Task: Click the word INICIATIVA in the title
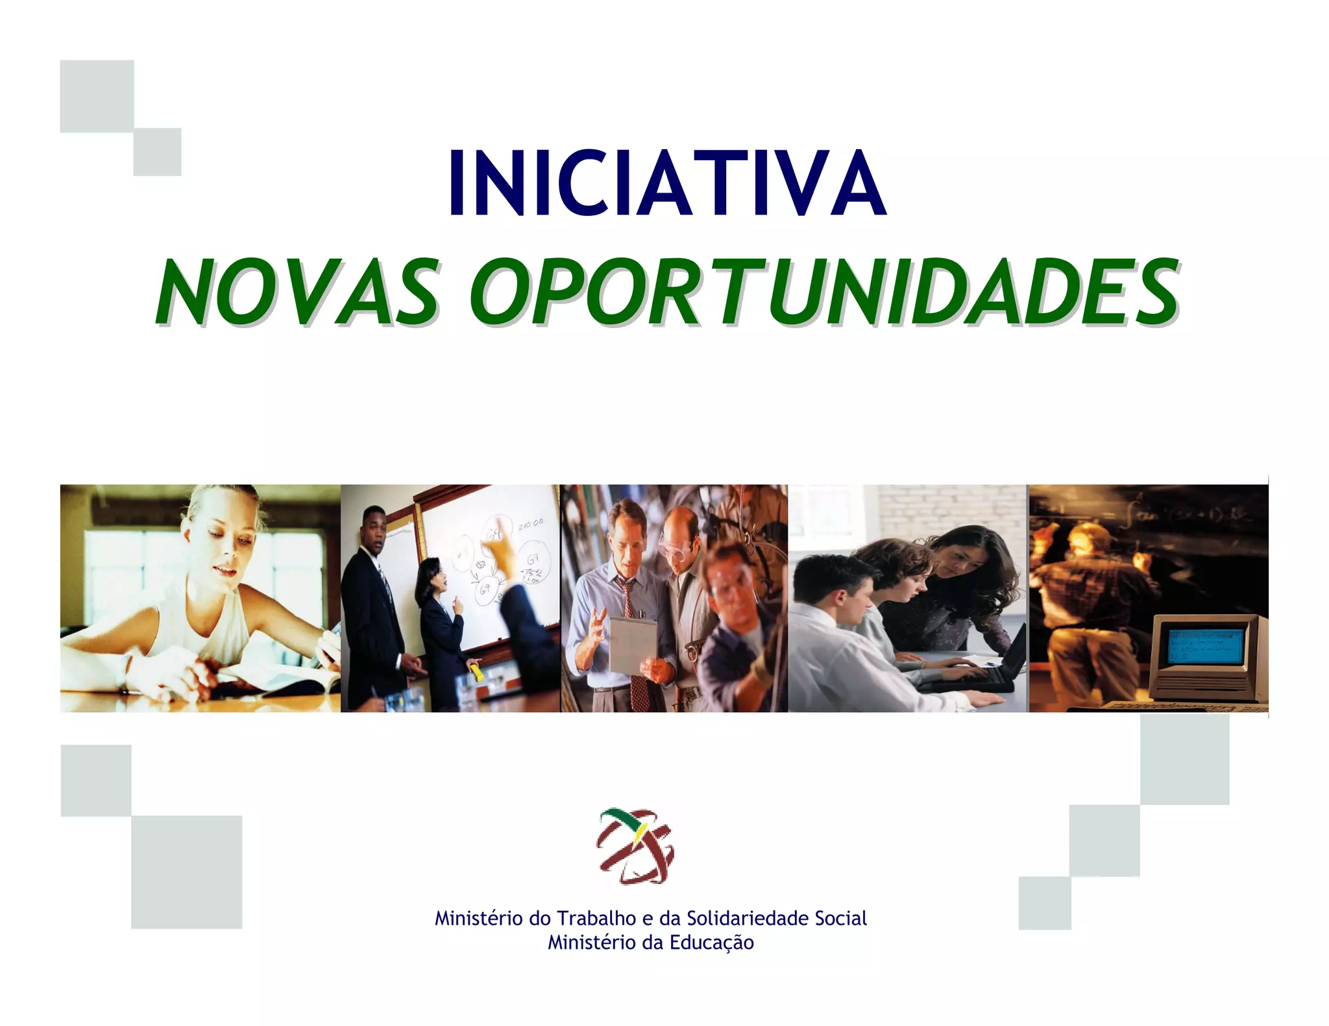666,183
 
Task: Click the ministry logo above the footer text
635,846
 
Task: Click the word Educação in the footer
711,942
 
